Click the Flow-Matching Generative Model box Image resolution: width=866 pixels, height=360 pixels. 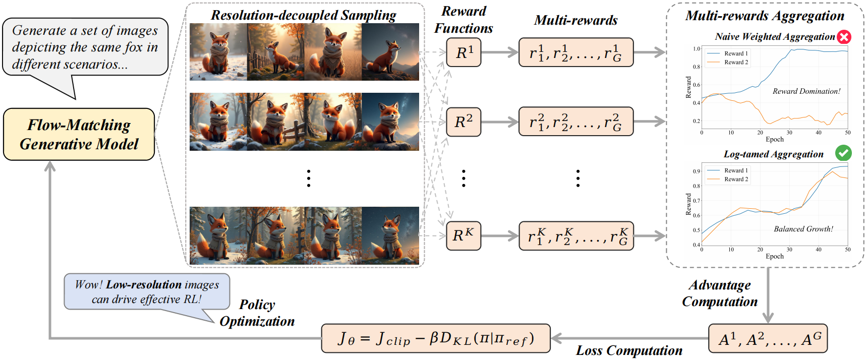pyautogui.click(x=79, y=134)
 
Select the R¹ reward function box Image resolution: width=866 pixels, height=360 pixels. pyautogui.click(x=464, y=52)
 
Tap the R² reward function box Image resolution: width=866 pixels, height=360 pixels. pyautogui.click(x=464, y=122)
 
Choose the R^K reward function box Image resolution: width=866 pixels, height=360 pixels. pyautogui.click(x=464, y=235)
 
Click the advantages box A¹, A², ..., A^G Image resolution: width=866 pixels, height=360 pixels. pyautogui.click(x=768, y=339)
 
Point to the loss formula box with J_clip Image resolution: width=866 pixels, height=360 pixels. pyautogui.click(x=436, y=338)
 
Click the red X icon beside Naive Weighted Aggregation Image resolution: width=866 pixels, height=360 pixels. pyautogui.click(x=844, y=37)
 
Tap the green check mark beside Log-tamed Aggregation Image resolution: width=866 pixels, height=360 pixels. pyautogui.click(x=843, y=153)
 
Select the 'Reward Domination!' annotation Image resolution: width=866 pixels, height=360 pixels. pyautogui.click(x=806, y=91)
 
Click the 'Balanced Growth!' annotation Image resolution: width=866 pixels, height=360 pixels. pyautogui.click(x=803, y=229)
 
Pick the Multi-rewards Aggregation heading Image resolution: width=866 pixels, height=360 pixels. pyautogui.click(x=764, y=16)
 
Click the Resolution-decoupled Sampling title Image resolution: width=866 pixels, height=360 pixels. pyautogui.click(x=303, y=15)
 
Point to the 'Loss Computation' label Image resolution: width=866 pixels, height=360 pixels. pyautogui.click(x=629, y=350)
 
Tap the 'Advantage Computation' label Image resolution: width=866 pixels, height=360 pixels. pyautogui.click(x=720, y=293)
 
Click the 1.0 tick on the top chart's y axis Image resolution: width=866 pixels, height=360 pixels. pyautogui.click(x=696, y=49)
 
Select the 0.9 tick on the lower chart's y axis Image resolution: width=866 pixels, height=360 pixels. pyautogui.click(x=696, y=171)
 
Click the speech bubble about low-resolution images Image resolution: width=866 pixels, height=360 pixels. pyautogui.click(x=147, y=291)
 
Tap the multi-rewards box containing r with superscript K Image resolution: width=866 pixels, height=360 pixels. pyautogui.click(x=576, y=236)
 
